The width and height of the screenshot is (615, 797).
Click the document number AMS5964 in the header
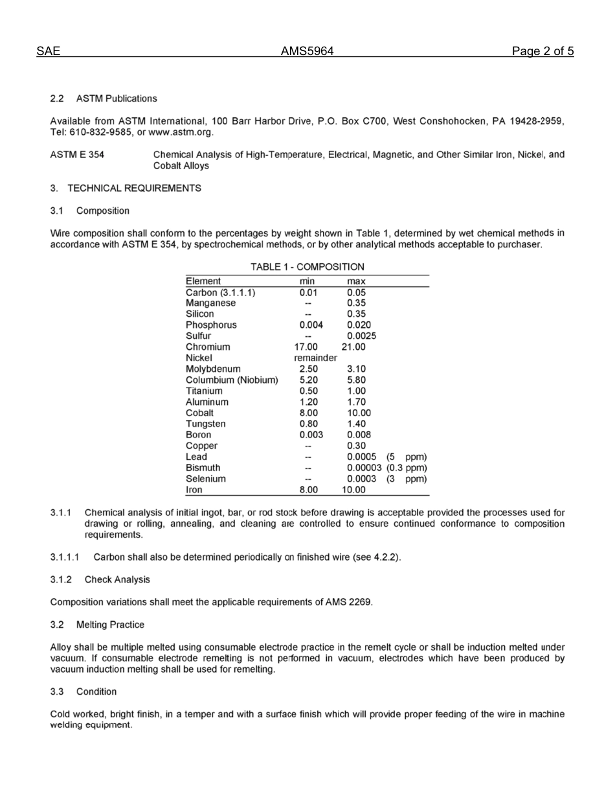tap(307, 52)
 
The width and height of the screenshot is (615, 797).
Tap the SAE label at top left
tap(48, 52)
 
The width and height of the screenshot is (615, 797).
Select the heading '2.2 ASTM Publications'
tap(104, 98)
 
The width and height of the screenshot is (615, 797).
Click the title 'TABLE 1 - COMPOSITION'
tap(307, 267)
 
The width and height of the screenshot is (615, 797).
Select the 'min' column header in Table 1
tap(307, 281)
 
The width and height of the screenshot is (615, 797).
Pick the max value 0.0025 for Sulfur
tap(361, 336)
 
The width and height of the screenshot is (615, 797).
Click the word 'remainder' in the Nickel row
tap(315, 358)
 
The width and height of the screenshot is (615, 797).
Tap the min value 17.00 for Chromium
tap(306, 347)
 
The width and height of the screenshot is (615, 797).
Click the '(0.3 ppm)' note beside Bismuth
tap(407, 468)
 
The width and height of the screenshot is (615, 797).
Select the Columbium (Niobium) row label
tap(232, 380)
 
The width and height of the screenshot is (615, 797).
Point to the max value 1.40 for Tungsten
tap(356, 424)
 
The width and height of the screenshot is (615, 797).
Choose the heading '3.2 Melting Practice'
tap(97, 625)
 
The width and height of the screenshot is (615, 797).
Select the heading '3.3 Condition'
tap(83, 691)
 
